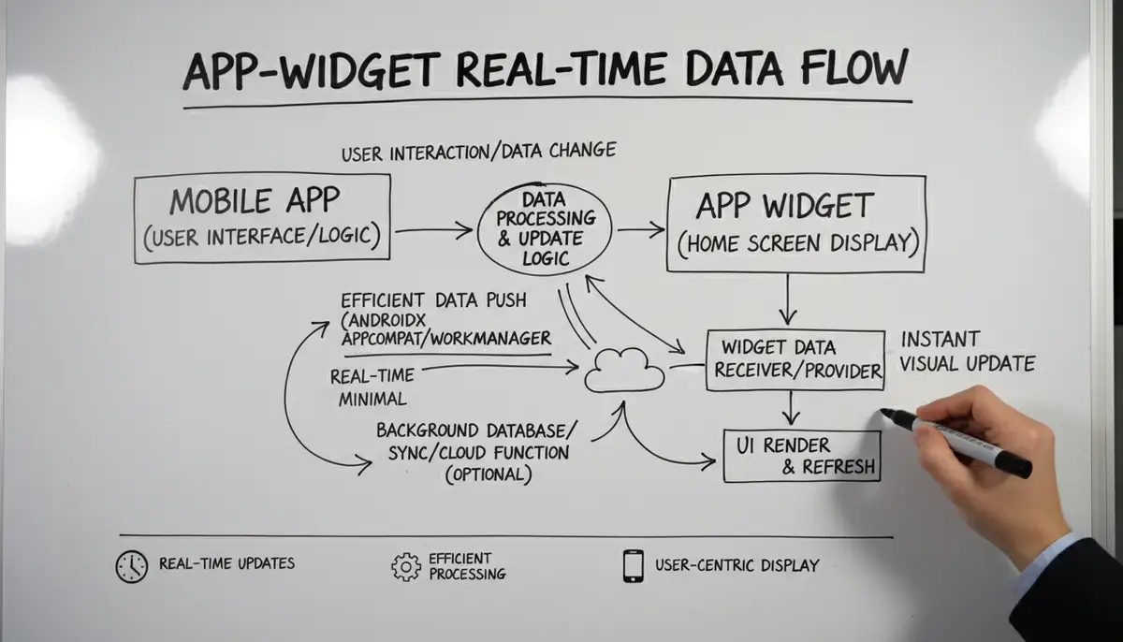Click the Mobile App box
pos(262,219)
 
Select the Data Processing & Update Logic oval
pos(545,228)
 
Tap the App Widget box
pos(797,223)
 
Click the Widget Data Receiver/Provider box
pos(795,359)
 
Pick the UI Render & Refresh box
pos(802,456)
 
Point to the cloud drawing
pos(624,371)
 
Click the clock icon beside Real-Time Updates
pos(131,567)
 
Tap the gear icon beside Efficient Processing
pos(406,566)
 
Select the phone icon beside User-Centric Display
pos(634,566)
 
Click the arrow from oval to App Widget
pos(640,227)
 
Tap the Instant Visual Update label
pos(967,351)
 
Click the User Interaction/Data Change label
pos(478,150)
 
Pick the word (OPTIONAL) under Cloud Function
pos(489,475)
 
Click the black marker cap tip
pos(887,414)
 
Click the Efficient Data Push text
pos(433,300)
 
